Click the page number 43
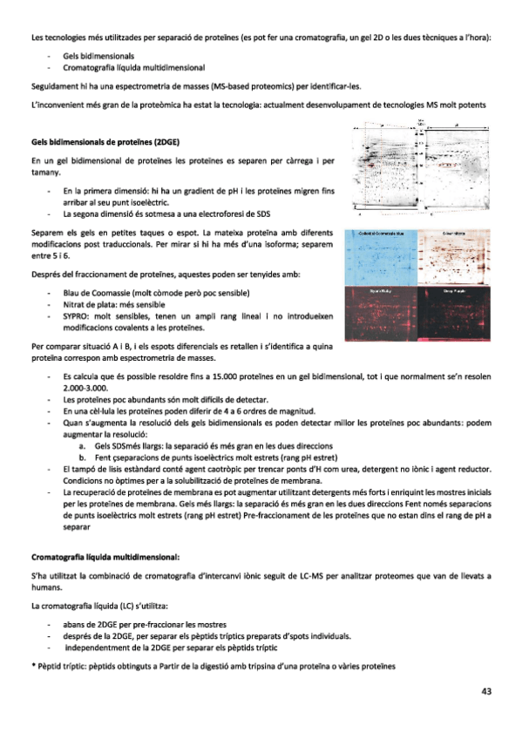(485, 691)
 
